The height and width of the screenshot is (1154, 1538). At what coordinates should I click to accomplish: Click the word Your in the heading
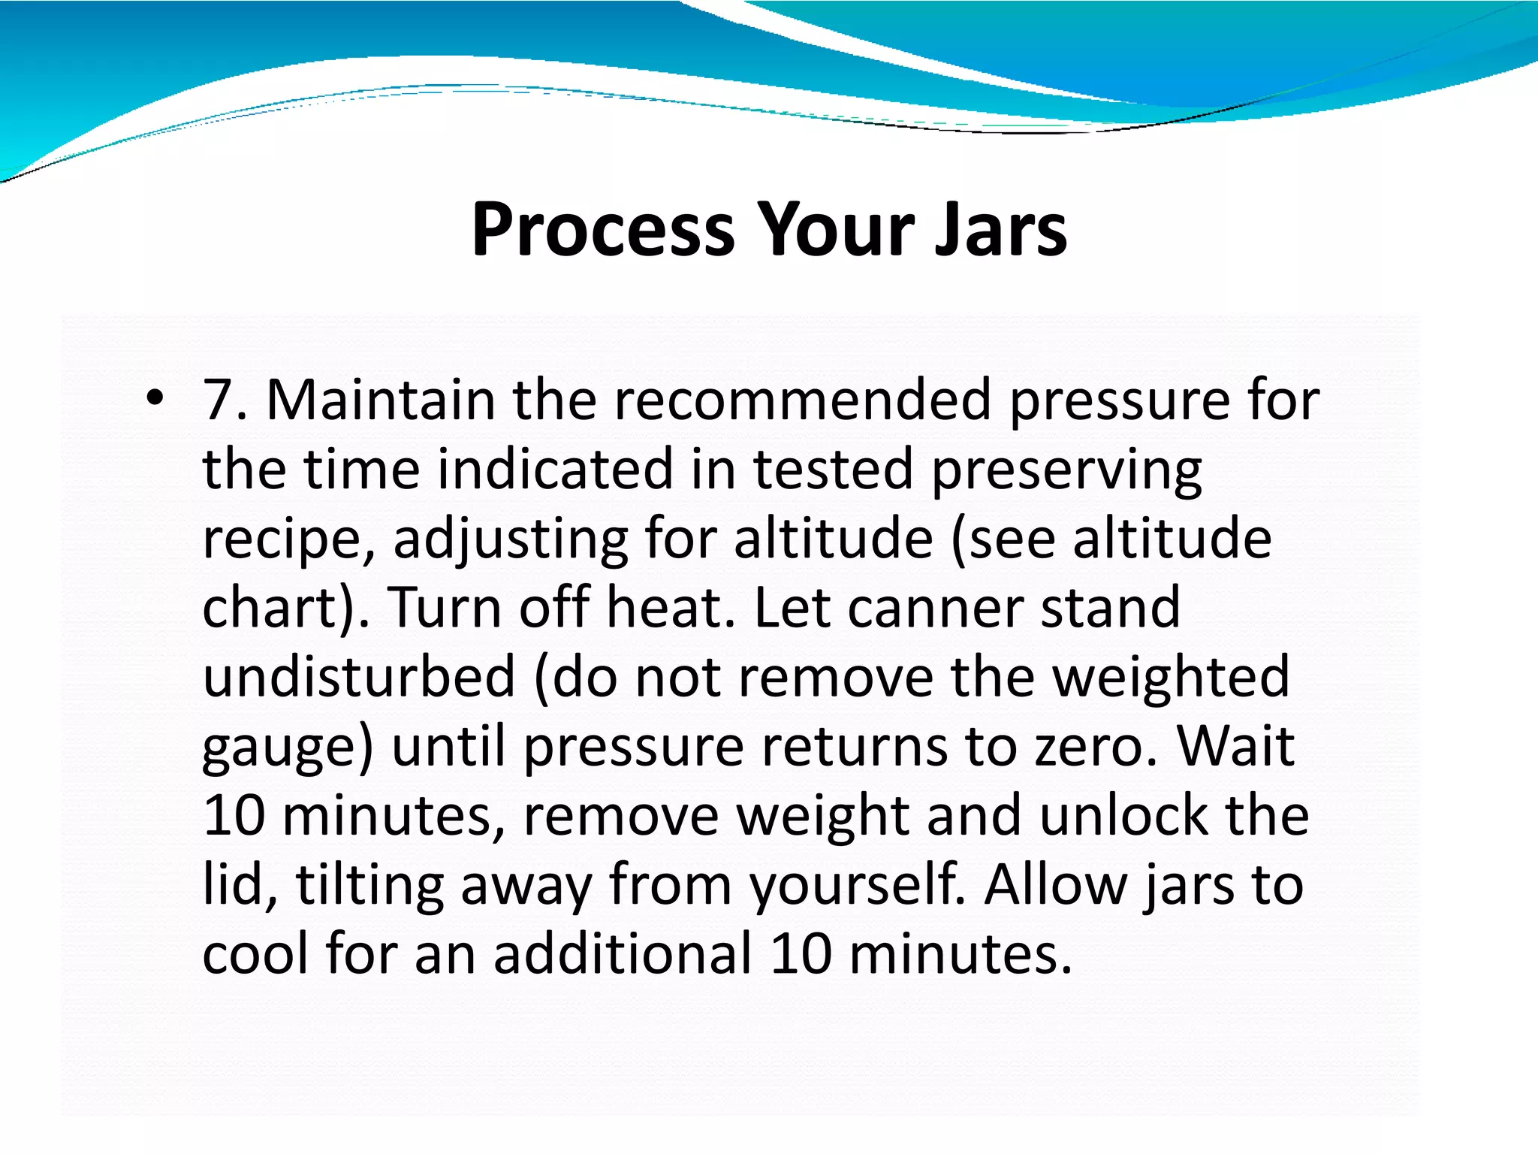[835, 229]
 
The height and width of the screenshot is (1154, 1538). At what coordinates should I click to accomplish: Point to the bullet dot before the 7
[155, 397]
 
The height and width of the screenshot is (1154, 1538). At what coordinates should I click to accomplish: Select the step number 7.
[219, 400]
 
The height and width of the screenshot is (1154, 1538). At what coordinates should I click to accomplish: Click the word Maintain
[381, 400]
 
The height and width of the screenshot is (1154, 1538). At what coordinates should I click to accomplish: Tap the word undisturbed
[359, 676]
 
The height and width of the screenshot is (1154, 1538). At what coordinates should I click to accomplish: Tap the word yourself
[856, 887]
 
